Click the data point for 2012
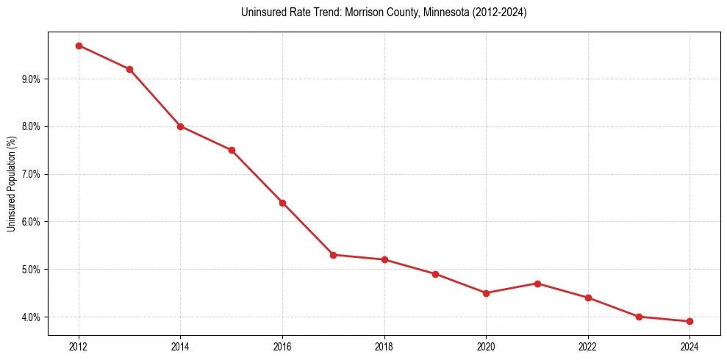coord(79,46)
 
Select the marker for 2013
coord(129,69)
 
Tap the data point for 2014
coord(180,126)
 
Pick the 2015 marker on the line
coord(232,150)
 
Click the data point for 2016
coord(282,203)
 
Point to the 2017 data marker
coord(333,255)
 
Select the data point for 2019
coord(435,274)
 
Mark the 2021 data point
coord(537,284)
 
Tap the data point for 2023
coord(639,317)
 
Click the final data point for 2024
coord(690,321)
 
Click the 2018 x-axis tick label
coord(384,346)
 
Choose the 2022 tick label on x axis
coord(588,346)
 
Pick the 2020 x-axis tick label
coord(486,346)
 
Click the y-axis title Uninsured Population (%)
coord(11,184)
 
